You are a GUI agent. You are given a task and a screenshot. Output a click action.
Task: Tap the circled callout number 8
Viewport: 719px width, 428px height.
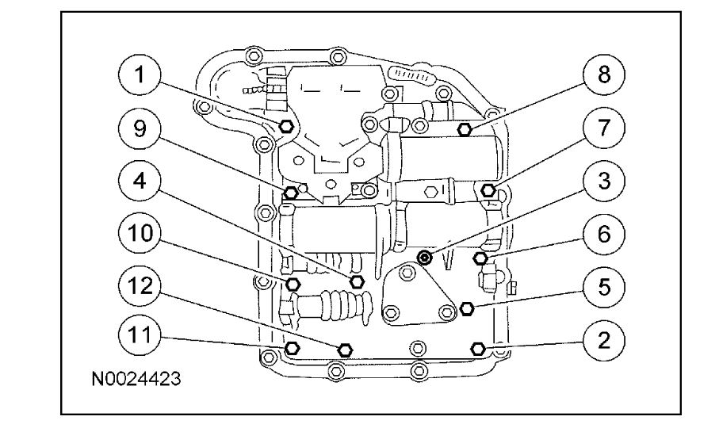pyautogui.click(x=603, y=77)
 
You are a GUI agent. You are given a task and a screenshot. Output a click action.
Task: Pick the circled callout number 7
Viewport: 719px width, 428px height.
pyautogui.click(x=603, y=129)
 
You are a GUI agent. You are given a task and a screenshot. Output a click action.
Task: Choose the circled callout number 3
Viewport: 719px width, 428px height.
pyautogui.click(x=603, y=182)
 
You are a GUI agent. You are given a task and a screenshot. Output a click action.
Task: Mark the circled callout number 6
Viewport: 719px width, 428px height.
pyautogui.click(x=603, y=234)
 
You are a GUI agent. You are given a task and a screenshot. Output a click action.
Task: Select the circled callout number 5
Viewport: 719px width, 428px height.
pyautogui.click(x=603, y=286)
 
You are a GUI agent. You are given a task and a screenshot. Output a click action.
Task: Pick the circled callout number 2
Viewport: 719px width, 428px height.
pyautogui.click(x=603, y=338)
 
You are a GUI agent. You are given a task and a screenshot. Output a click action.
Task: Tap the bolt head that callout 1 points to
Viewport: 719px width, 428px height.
pyautogui.click(x=289, y=125)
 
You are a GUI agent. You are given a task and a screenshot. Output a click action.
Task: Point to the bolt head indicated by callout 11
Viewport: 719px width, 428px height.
pyautogui.click(x=292, y=347)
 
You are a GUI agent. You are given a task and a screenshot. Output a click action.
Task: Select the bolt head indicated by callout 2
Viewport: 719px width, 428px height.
pyautogui.click(x=478, y=347)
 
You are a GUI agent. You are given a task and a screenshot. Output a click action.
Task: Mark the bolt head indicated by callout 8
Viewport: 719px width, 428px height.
pyautogui.click(x=468, y=128)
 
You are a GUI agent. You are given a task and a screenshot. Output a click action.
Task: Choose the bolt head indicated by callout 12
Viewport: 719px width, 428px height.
pyautogui.click(x=344, y=349)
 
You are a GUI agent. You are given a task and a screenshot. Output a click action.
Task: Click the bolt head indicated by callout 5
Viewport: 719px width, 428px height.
pyautogui.click(x=466, y=308)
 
